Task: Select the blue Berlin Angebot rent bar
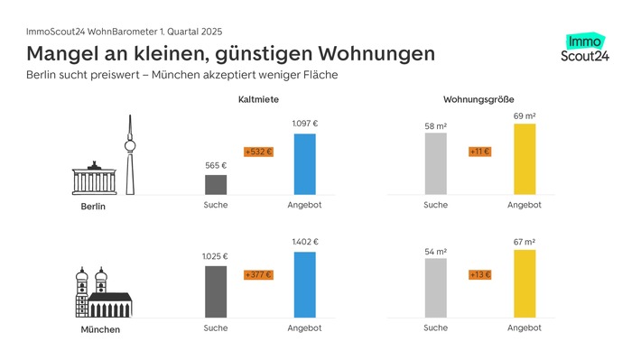[x=304, y=163]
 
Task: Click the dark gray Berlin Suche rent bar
[x=216, y=184]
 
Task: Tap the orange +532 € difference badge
[x=257, y=152]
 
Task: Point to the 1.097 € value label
[x=304, y=124]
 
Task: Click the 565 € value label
[x=216, y=165]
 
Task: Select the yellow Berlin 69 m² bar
[x=524, y=159]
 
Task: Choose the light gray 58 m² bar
[x=435, y=163]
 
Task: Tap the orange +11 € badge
[x=479, y=152]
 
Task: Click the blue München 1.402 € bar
[x=304, y=284]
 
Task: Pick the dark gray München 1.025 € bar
[x=216, y=291]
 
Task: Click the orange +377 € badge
[x=257, y=274]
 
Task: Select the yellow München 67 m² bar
[x=524, y=283]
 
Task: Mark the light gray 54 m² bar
[x=435, y=288]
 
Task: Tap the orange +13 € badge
[x=479, y=274]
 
